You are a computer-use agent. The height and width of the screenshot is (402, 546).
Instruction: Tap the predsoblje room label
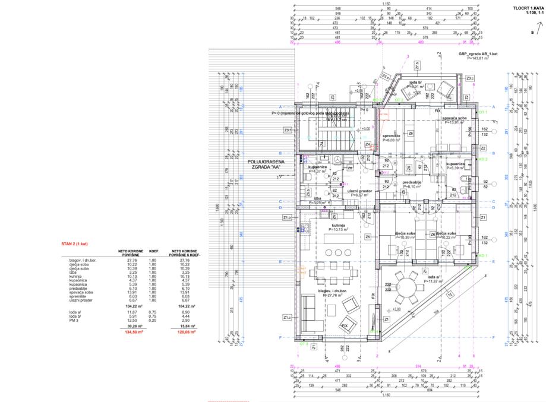[412, 182]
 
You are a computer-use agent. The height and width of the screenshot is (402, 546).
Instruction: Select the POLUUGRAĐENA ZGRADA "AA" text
[266, 164]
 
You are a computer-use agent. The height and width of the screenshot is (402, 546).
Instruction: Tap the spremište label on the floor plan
[392, 137]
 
